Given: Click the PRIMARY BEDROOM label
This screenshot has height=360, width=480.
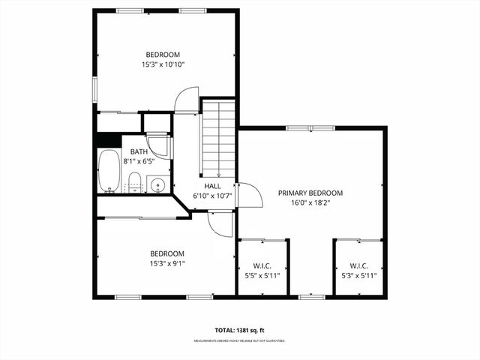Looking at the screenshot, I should point(310,193).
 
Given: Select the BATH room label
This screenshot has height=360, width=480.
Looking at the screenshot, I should point(139,151).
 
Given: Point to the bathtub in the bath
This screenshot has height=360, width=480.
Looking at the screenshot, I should point(109,172).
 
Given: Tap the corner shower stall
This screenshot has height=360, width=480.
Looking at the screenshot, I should point(158,144).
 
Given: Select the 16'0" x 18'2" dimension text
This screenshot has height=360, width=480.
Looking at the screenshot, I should point(310,202).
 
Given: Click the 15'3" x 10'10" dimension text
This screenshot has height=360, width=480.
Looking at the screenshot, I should point(163,64).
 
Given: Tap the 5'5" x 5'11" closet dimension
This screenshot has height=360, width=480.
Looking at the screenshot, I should point(262,275).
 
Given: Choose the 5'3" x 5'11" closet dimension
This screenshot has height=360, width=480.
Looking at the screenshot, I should point(358,275).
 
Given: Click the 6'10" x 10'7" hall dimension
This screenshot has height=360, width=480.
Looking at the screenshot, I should point(213,196).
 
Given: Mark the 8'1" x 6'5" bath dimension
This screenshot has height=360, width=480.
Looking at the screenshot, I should point(139,160).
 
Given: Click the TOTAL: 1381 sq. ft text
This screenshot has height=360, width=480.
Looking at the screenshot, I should point(240,330).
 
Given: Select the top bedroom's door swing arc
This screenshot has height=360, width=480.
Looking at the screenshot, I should point(186,100).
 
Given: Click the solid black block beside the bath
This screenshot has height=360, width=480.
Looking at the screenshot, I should point(108,140).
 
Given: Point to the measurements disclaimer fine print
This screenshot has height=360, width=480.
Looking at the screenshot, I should point(240,340).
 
